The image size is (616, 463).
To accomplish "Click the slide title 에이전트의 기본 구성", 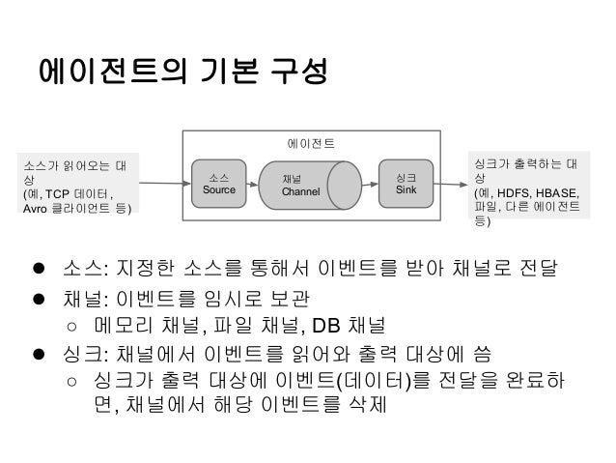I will click(182, 72).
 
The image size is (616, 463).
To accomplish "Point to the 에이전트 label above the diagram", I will click(311, 143).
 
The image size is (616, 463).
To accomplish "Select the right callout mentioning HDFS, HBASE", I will click(527, 188).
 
